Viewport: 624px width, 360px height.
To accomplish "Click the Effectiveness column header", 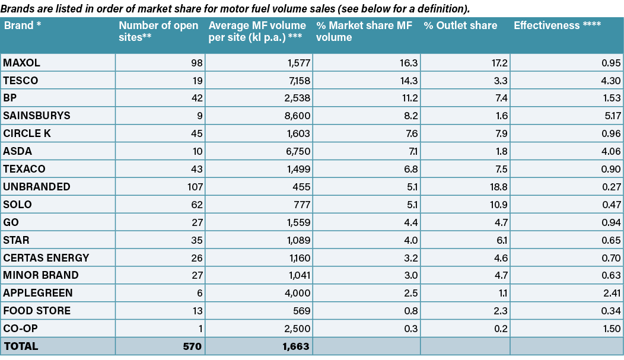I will click(x=557, y=26).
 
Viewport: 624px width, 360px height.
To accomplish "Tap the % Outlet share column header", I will click(x=460, y=26).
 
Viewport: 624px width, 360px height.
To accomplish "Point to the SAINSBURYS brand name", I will click(x=36, y=116).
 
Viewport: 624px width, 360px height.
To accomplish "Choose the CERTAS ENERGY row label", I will click(x=46, y=258).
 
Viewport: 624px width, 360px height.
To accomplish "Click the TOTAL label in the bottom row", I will click(x=21, y=346).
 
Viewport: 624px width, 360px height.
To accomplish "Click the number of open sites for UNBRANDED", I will click(x=194, y=187).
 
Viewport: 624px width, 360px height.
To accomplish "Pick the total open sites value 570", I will click(x=192, y=346).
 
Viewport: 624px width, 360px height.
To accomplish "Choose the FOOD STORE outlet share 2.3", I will click(x=500, y=311).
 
